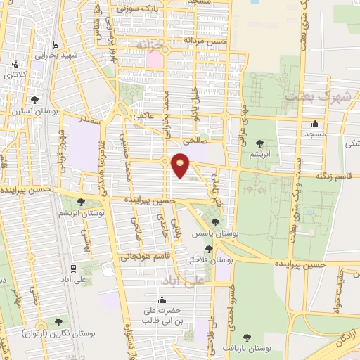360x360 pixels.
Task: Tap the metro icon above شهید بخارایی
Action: (x=56, y=42)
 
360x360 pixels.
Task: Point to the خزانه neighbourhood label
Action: (x=154, y=44)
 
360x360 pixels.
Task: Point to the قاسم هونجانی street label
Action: (x=148, y=256)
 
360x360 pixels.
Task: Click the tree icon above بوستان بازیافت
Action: (x=246, y=338)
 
